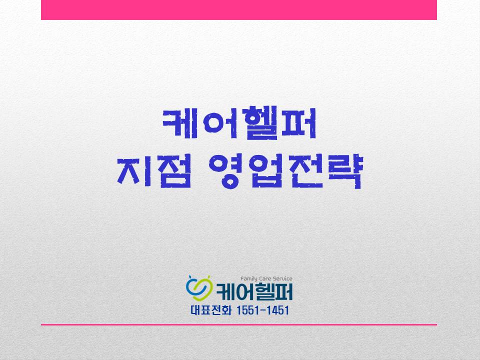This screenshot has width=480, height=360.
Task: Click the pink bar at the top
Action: click(x=239, y=10)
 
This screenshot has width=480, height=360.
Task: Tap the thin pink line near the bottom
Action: click(x=239, y=324)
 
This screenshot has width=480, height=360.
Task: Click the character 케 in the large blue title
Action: click(x=181, y=123)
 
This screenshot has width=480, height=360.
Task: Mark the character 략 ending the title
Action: click(x=344, y=171)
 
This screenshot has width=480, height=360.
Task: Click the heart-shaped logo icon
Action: click(x=199, y=288)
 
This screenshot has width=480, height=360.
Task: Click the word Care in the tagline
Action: click(x=265, y=278)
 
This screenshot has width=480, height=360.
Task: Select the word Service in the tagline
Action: click(x=282, y=278)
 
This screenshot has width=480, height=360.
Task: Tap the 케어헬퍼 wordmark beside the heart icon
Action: click(x=254, y=291)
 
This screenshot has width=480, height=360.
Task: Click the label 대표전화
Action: click(x=210, y=310)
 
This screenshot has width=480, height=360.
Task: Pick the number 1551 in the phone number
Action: click(x=247, y=310)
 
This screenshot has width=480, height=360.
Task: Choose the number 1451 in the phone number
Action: click(x=277, y=310)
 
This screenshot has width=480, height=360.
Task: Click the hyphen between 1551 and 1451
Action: click(x=262, y=310)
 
